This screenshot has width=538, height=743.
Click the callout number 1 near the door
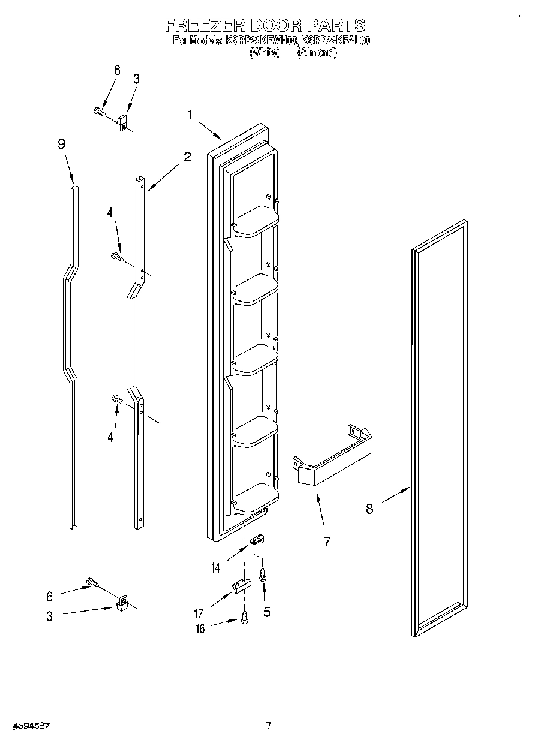(x=190, y=115)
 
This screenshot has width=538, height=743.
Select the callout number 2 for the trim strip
(x=187, y=157)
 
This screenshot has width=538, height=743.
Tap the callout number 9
(x=61, y=144)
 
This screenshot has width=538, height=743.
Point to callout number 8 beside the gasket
(x=369, y=509)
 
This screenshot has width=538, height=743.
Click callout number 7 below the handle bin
(x=327, y=541)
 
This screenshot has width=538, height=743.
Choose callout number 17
(x=199, y=613)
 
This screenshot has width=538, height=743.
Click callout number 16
(x=200, y=628)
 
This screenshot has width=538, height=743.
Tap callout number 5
(x=267, y=612)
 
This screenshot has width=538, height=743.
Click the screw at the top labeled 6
(x=100, y=111)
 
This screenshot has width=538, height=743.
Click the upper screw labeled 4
(x=117, y=257)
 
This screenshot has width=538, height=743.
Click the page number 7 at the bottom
(x=269, y=726)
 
